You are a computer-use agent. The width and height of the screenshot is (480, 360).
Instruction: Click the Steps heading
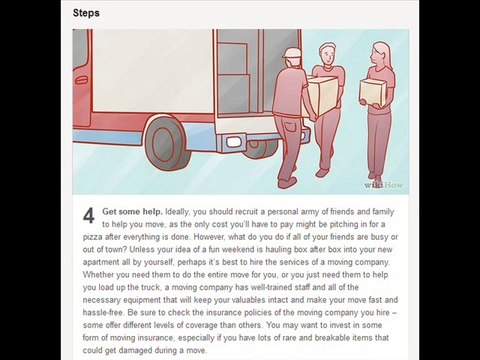tap(86, 13)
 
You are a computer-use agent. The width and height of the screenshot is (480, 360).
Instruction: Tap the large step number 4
tap(89, 216)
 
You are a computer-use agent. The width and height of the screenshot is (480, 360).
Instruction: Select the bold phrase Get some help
tap(132, 212)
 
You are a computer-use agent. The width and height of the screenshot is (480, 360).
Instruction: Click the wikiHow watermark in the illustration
tap(383, 185)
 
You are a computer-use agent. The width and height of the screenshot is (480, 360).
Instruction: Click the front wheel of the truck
tap(167, 144)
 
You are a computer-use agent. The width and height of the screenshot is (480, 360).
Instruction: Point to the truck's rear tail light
tap(234, 142)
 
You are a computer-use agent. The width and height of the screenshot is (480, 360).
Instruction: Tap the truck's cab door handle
tap(81, 80)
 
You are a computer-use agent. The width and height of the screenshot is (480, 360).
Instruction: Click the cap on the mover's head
tap(293, 53)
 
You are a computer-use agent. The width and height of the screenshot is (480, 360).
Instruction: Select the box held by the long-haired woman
tap(372, 91)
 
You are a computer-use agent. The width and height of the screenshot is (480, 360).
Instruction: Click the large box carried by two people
tap(321, 94)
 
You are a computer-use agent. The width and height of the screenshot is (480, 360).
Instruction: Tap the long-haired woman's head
tap(380, 54)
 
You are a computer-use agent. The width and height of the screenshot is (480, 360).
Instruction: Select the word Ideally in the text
tap(177, 212)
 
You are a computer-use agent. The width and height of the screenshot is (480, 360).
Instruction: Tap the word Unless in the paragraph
tap(142, 250)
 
